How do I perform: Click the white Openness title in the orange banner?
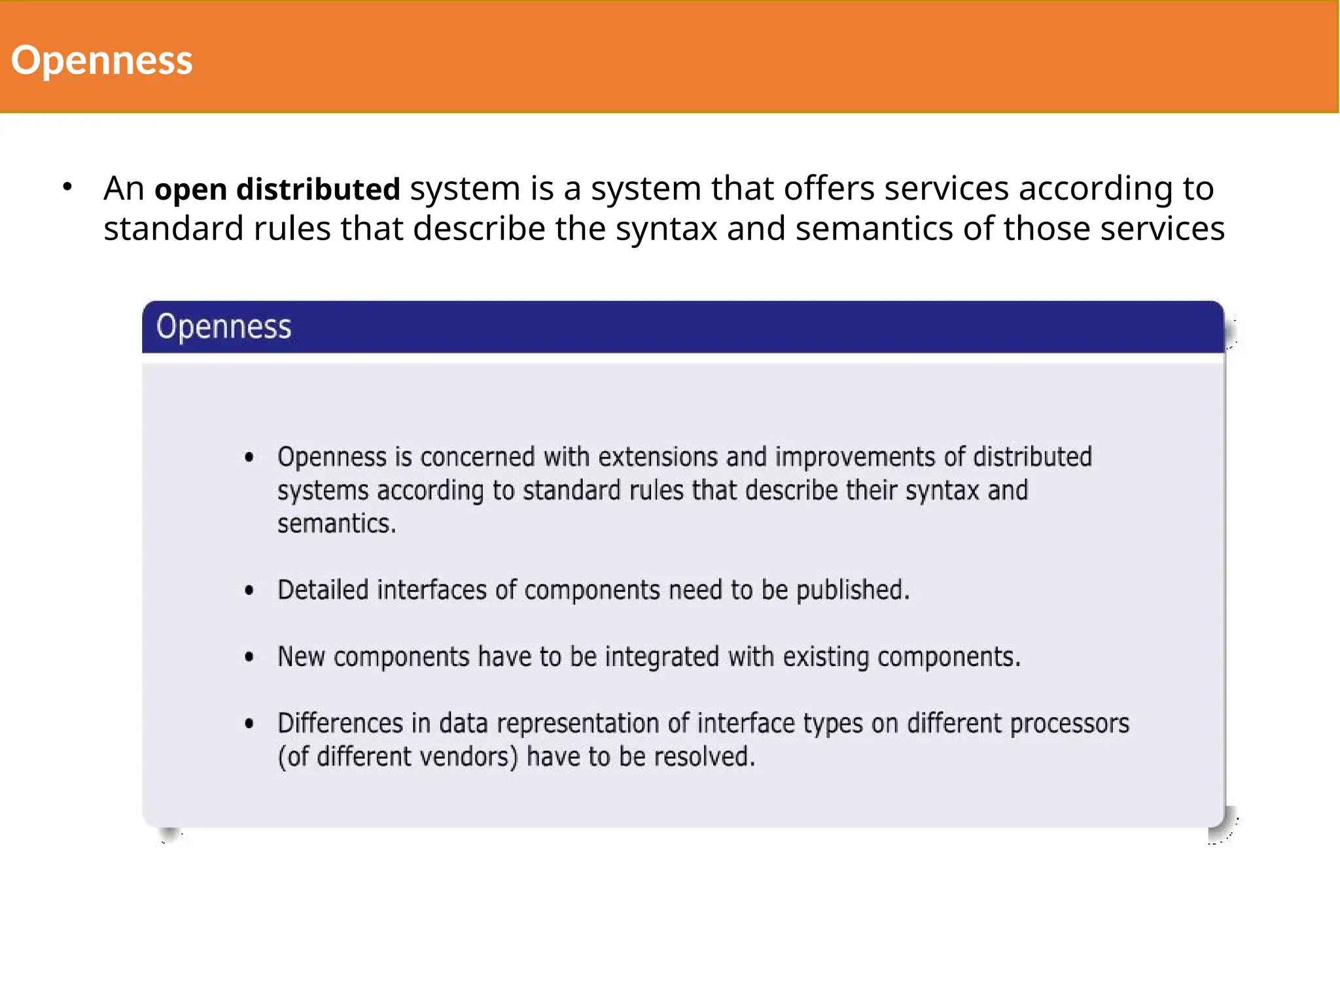coord(101,60)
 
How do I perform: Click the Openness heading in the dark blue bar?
coord(223,326)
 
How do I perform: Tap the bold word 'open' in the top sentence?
coord(190,189)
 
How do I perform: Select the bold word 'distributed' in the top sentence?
coord(318,189)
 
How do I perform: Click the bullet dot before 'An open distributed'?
coord(67,187)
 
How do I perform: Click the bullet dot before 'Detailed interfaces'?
coord(249,590)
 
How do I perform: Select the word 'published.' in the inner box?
coord(853,590)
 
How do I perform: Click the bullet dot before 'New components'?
coord(249,657)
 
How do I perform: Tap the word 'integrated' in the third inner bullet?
coord(661,657)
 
